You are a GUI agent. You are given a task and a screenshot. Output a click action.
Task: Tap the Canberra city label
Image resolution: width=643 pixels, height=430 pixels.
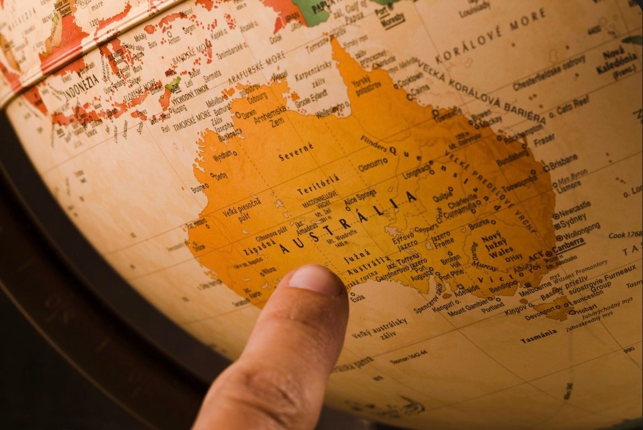click(x=571, y=244)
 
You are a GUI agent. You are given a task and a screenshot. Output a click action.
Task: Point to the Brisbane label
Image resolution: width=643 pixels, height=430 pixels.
click(x=563, y=162)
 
